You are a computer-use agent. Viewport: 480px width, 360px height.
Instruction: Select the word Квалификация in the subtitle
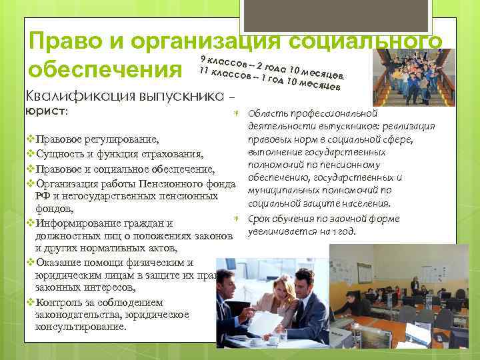(79, 95)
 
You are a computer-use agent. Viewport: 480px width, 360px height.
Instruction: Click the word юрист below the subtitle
(45, 111)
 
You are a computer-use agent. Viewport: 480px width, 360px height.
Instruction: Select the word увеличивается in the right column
(282, 232)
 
